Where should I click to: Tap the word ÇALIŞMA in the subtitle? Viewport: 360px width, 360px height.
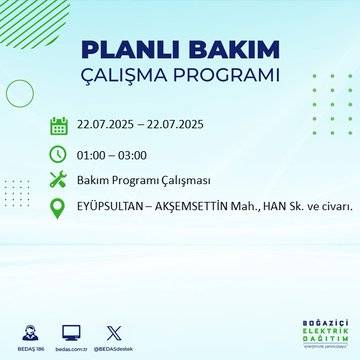129,76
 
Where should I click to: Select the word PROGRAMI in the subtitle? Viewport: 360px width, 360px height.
226,76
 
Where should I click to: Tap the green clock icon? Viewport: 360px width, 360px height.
58,154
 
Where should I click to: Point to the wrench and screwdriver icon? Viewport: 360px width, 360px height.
58,180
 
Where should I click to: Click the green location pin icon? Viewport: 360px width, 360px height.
58,207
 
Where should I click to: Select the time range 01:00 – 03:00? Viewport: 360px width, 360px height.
112,154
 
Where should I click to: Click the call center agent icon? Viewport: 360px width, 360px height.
28,332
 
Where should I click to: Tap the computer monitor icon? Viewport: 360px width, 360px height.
72,332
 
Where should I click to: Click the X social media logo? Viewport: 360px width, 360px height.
113,332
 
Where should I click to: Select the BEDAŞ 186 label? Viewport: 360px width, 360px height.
28,349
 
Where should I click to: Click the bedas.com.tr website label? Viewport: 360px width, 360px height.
72,349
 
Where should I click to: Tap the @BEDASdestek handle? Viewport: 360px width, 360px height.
113,349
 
